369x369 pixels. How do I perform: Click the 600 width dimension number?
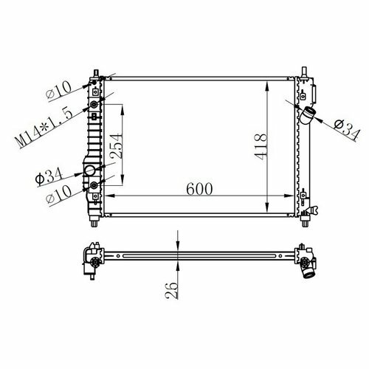pyautogui.click(x=199, y=189)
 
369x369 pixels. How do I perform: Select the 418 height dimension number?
pyautogui.click(x=261, y=147)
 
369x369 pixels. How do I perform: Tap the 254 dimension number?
pyautogui.click(x=116, y=145)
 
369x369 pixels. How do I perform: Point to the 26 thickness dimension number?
pyautogui.click(x=172, y=291)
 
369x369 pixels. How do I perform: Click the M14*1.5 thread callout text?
pyautogui.click(x=44, y=128)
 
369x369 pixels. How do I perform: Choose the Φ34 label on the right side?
pyautogui.click(x=347, y=128)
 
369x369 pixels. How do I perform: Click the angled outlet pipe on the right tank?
pyautogui.click(x=307, y=115)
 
